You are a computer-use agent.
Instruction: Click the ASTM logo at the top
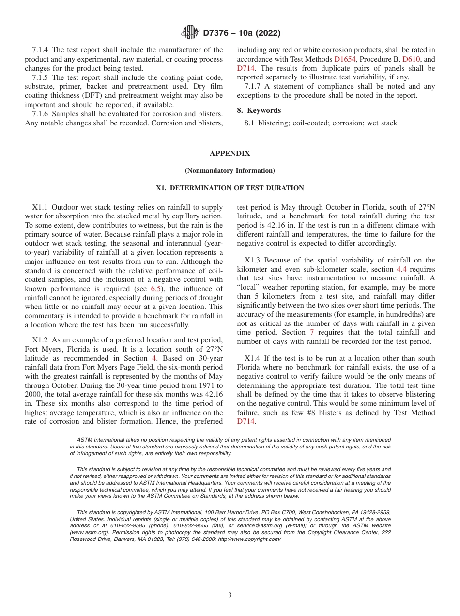point(190,32)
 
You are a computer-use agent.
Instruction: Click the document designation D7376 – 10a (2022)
point(241,33)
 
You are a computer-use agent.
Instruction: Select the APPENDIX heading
point(230,154)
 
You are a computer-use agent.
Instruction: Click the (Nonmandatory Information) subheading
point(230,171)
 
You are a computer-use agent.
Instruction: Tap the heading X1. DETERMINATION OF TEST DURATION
point(230,188)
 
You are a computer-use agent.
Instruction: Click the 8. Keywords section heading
point(259,110)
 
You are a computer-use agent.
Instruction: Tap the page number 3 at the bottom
point(230,595)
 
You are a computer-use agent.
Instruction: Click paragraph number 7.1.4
point(41,50)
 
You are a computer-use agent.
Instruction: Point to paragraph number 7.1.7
point(254,86)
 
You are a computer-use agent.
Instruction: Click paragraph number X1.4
point(252,358)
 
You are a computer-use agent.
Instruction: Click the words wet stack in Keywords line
point(383,123)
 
